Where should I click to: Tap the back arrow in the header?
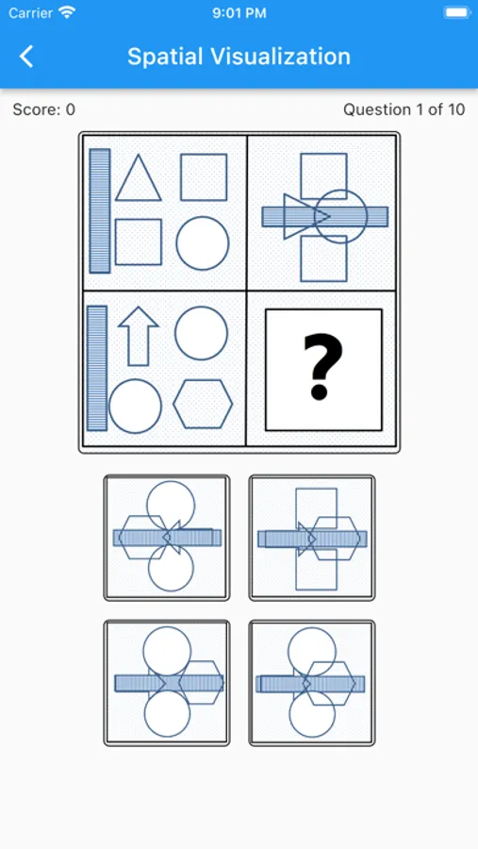click(26, 57)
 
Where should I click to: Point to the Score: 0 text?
click(44, 110)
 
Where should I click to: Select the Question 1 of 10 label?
click(404, 110)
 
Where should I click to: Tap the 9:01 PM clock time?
click(239, 13)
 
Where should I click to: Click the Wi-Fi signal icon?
click(67, 13)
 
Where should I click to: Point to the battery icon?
click(457, 13)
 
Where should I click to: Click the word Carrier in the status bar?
click(31, 13)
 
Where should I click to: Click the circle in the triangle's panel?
click(203, 243)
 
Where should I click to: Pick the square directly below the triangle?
click(138, 242)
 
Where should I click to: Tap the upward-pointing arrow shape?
click(138, 336)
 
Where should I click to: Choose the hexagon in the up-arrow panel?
click(203, 404)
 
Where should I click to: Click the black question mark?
click(323, 367)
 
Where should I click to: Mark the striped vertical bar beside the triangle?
click(100, 210)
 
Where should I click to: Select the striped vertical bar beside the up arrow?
click(97, 368)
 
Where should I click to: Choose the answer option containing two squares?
click(312, 538)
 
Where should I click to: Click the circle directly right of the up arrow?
click(201, 333)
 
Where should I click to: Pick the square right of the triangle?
click(204, 177)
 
